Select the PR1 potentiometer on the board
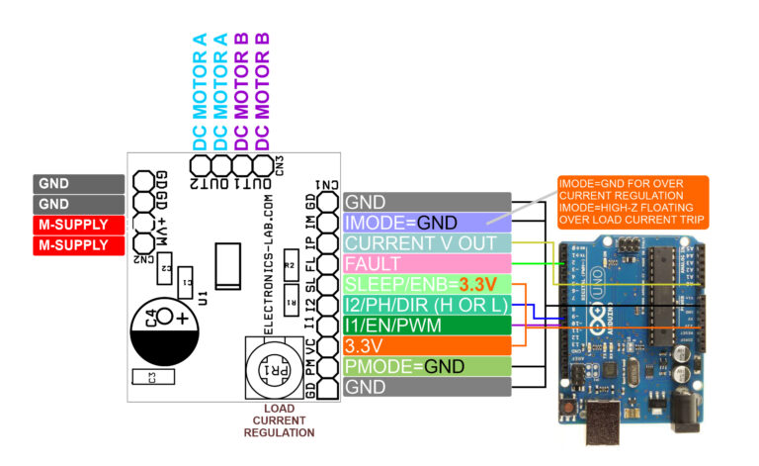[270, 368]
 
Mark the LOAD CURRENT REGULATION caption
[279, 420]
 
